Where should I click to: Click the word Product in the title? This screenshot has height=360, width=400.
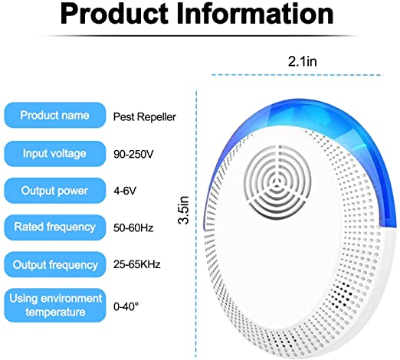tap(114, 14)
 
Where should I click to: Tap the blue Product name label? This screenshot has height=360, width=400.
tap(55, 115)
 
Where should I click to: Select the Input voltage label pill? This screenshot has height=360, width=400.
tap(55, 154)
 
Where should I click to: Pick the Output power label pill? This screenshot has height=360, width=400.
tap(55, 191)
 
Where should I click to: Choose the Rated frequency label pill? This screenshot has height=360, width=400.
tap(55, 227)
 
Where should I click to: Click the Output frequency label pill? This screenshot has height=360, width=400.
tap(55, 264)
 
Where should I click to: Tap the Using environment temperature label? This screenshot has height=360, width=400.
tap(55, 305)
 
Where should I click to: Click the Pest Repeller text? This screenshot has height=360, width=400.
tap(145, 117)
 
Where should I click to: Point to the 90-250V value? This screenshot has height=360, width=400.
tap(133, 154)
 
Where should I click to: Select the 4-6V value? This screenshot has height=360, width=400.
tap(125, 191)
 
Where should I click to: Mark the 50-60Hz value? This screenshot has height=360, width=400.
tap(133, 227)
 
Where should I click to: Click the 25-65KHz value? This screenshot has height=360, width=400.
tap(137, 264)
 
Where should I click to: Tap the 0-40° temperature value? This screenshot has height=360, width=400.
tap(126, 306)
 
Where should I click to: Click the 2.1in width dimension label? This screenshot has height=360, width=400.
tap(303, 61)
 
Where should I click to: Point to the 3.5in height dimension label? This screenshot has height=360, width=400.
tap(184, 210)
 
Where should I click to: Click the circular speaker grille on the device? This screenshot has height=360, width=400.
tap(277, 182)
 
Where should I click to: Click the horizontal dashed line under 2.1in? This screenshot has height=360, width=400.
tap(297, 75)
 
